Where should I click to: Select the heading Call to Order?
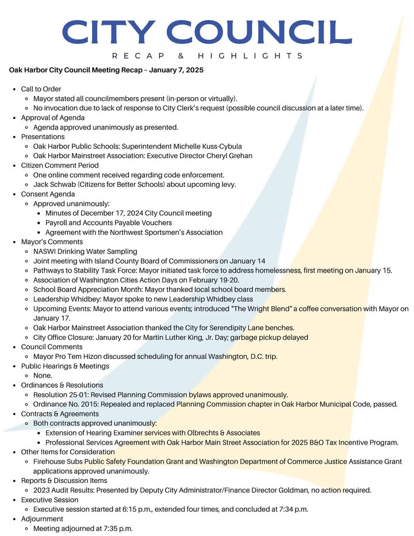[41, 89]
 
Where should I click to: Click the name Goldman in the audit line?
[274, 490]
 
